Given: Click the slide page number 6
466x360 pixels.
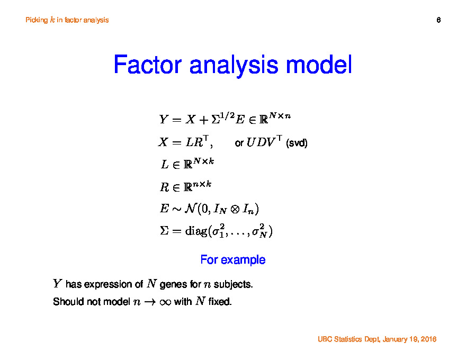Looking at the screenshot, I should tap(438, 20).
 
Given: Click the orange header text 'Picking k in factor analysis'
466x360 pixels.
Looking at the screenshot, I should tap(67, 20).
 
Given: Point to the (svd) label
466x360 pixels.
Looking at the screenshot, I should tap(297, 143).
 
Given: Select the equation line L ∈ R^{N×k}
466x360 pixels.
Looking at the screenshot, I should tap(187, 164).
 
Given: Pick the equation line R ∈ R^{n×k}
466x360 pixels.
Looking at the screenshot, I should tap(186, 186).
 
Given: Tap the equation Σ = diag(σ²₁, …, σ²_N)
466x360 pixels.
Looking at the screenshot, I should tap(216, 231).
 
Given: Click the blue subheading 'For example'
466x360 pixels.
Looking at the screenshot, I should tap(233, 260).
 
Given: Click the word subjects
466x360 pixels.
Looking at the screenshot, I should tap(233, 285).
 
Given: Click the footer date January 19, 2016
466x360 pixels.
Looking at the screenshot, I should tap(408, 339).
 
